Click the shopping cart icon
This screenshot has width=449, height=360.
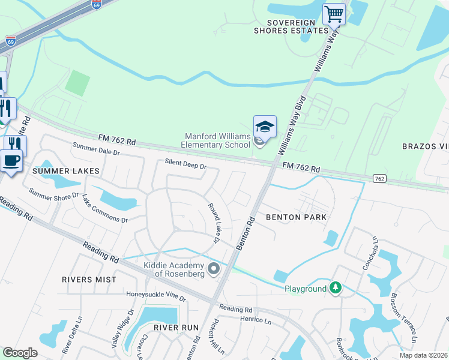pos(334,13)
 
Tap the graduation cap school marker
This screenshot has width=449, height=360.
pos(265,126)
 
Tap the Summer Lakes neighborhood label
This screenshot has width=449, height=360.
pos(66,171)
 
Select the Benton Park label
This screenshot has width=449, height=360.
pos(296,217)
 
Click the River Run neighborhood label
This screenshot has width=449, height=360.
pos(175,327)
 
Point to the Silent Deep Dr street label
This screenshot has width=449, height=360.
pos(185,164)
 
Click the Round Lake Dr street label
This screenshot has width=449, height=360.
pos(213,223)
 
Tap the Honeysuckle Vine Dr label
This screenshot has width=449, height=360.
pos(156,295)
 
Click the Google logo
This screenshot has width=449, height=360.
pos(20,353)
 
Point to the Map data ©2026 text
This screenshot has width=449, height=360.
pos(423,355)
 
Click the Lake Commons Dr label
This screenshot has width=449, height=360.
pos(105,208)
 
